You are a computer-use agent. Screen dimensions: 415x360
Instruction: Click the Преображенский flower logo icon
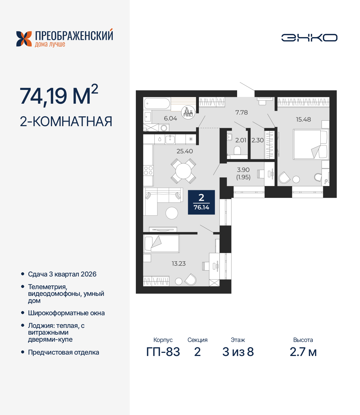coord(24,39)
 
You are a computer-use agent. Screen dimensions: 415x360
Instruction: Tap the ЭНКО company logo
coord(309,38)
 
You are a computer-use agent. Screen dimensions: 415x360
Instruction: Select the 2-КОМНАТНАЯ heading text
coord(66,121)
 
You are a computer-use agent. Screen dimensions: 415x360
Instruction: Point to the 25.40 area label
coord(184,151)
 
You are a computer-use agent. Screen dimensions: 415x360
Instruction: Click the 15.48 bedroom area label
coord(303,119)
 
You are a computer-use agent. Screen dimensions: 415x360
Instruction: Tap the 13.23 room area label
coord(179,264)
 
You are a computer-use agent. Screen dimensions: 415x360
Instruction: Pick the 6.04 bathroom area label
coord(170,118)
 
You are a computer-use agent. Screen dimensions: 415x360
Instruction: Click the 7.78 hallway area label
coord(241,112)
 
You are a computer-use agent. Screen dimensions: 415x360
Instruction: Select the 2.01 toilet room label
coord(241,140)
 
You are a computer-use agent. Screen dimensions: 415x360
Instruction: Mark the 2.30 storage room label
coord(257,140)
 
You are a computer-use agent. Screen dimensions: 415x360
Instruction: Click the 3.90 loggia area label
coord(243,170)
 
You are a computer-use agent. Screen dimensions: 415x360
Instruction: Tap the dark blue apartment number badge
coord(201,202)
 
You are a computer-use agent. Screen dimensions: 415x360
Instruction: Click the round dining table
coord(183,171)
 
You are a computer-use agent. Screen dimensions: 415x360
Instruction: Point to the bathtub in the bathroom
coord(157,104)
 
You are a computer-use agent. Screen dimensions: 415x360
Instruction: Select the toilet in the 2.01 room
coord(237,150)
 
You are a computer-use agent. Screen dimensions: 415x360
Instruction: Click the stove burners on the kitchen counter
coord(148,171)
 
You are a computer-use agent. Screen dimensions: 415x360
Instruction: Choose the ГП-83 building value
coord(163,352)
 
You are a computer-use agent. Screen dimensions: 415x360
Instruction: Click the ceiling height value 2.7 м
coord(303,352)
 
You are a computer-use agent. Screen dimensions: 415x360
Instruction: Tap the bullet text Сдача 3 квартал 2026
coord(62,274)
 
